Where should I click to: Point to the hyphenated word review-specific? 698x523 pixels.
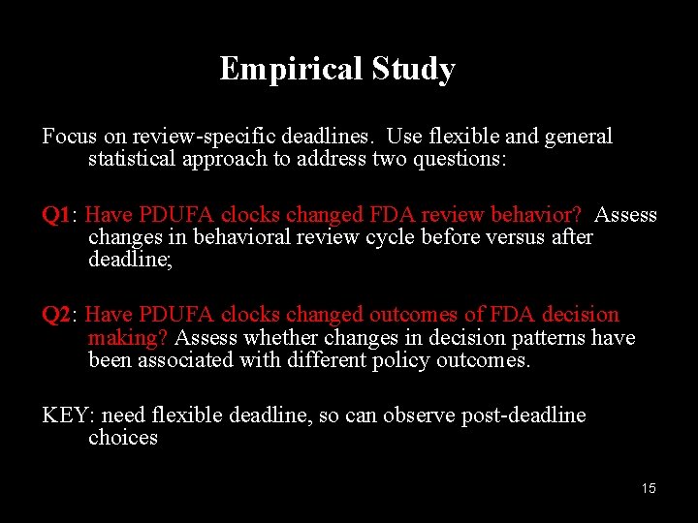click(x=212, y=137)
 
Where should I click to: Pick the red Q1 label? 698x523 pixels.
click(x=58, y=215)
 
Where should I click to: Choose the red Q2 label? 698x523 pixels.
click(x=58, y=315)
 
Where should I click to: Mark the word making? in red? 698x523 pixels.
click(x=128, y=338)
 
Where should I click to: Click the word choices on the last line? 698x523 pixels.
click(x=123, y=438)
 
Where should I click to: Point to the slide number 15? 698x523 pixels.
click(x=649, y=488)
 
